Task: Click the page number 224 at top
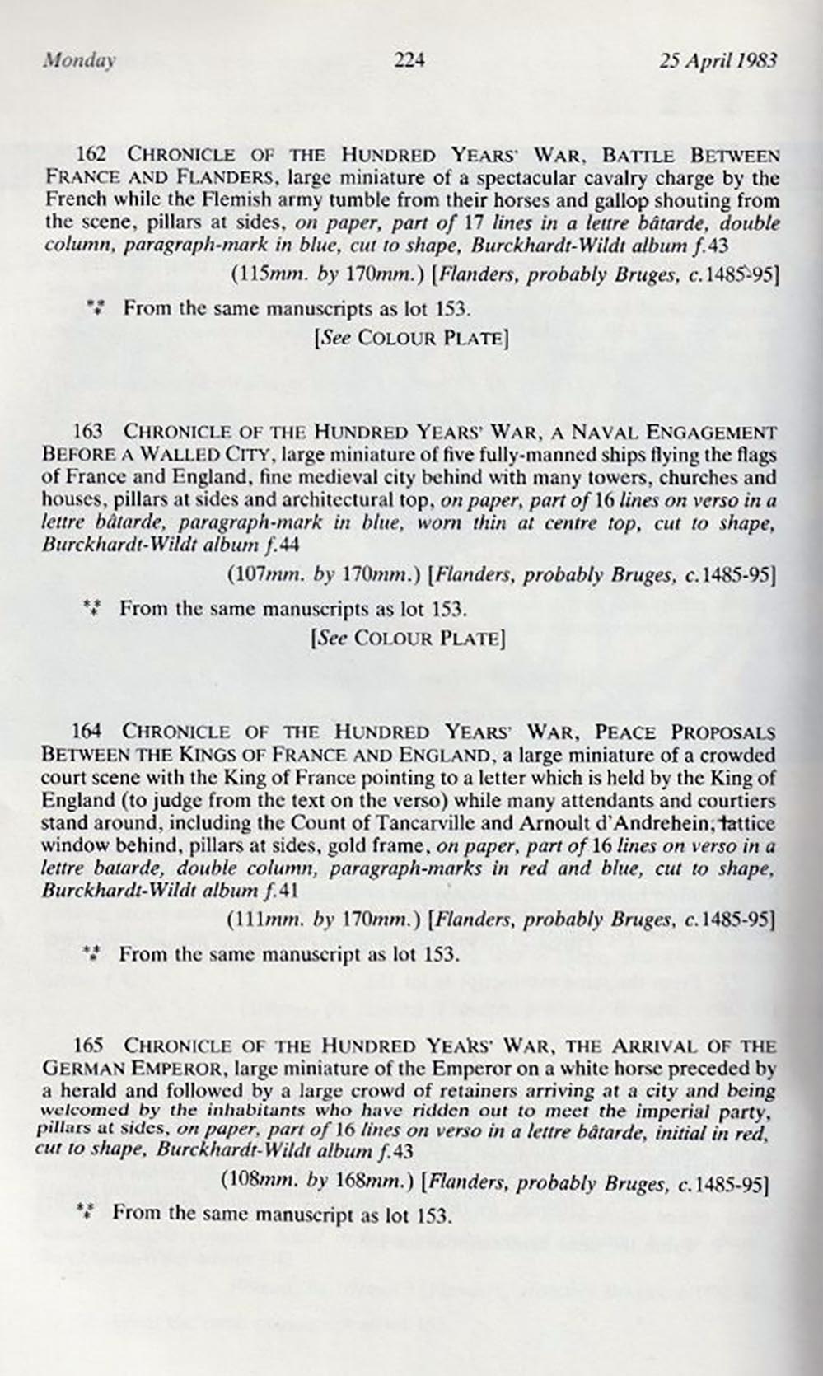[409, 59]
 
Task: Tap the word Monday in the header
[80, 59]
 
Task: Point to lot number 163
[88, 431]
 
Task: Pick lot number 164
[87, 732]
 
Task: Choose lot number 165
[88, 1046]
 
